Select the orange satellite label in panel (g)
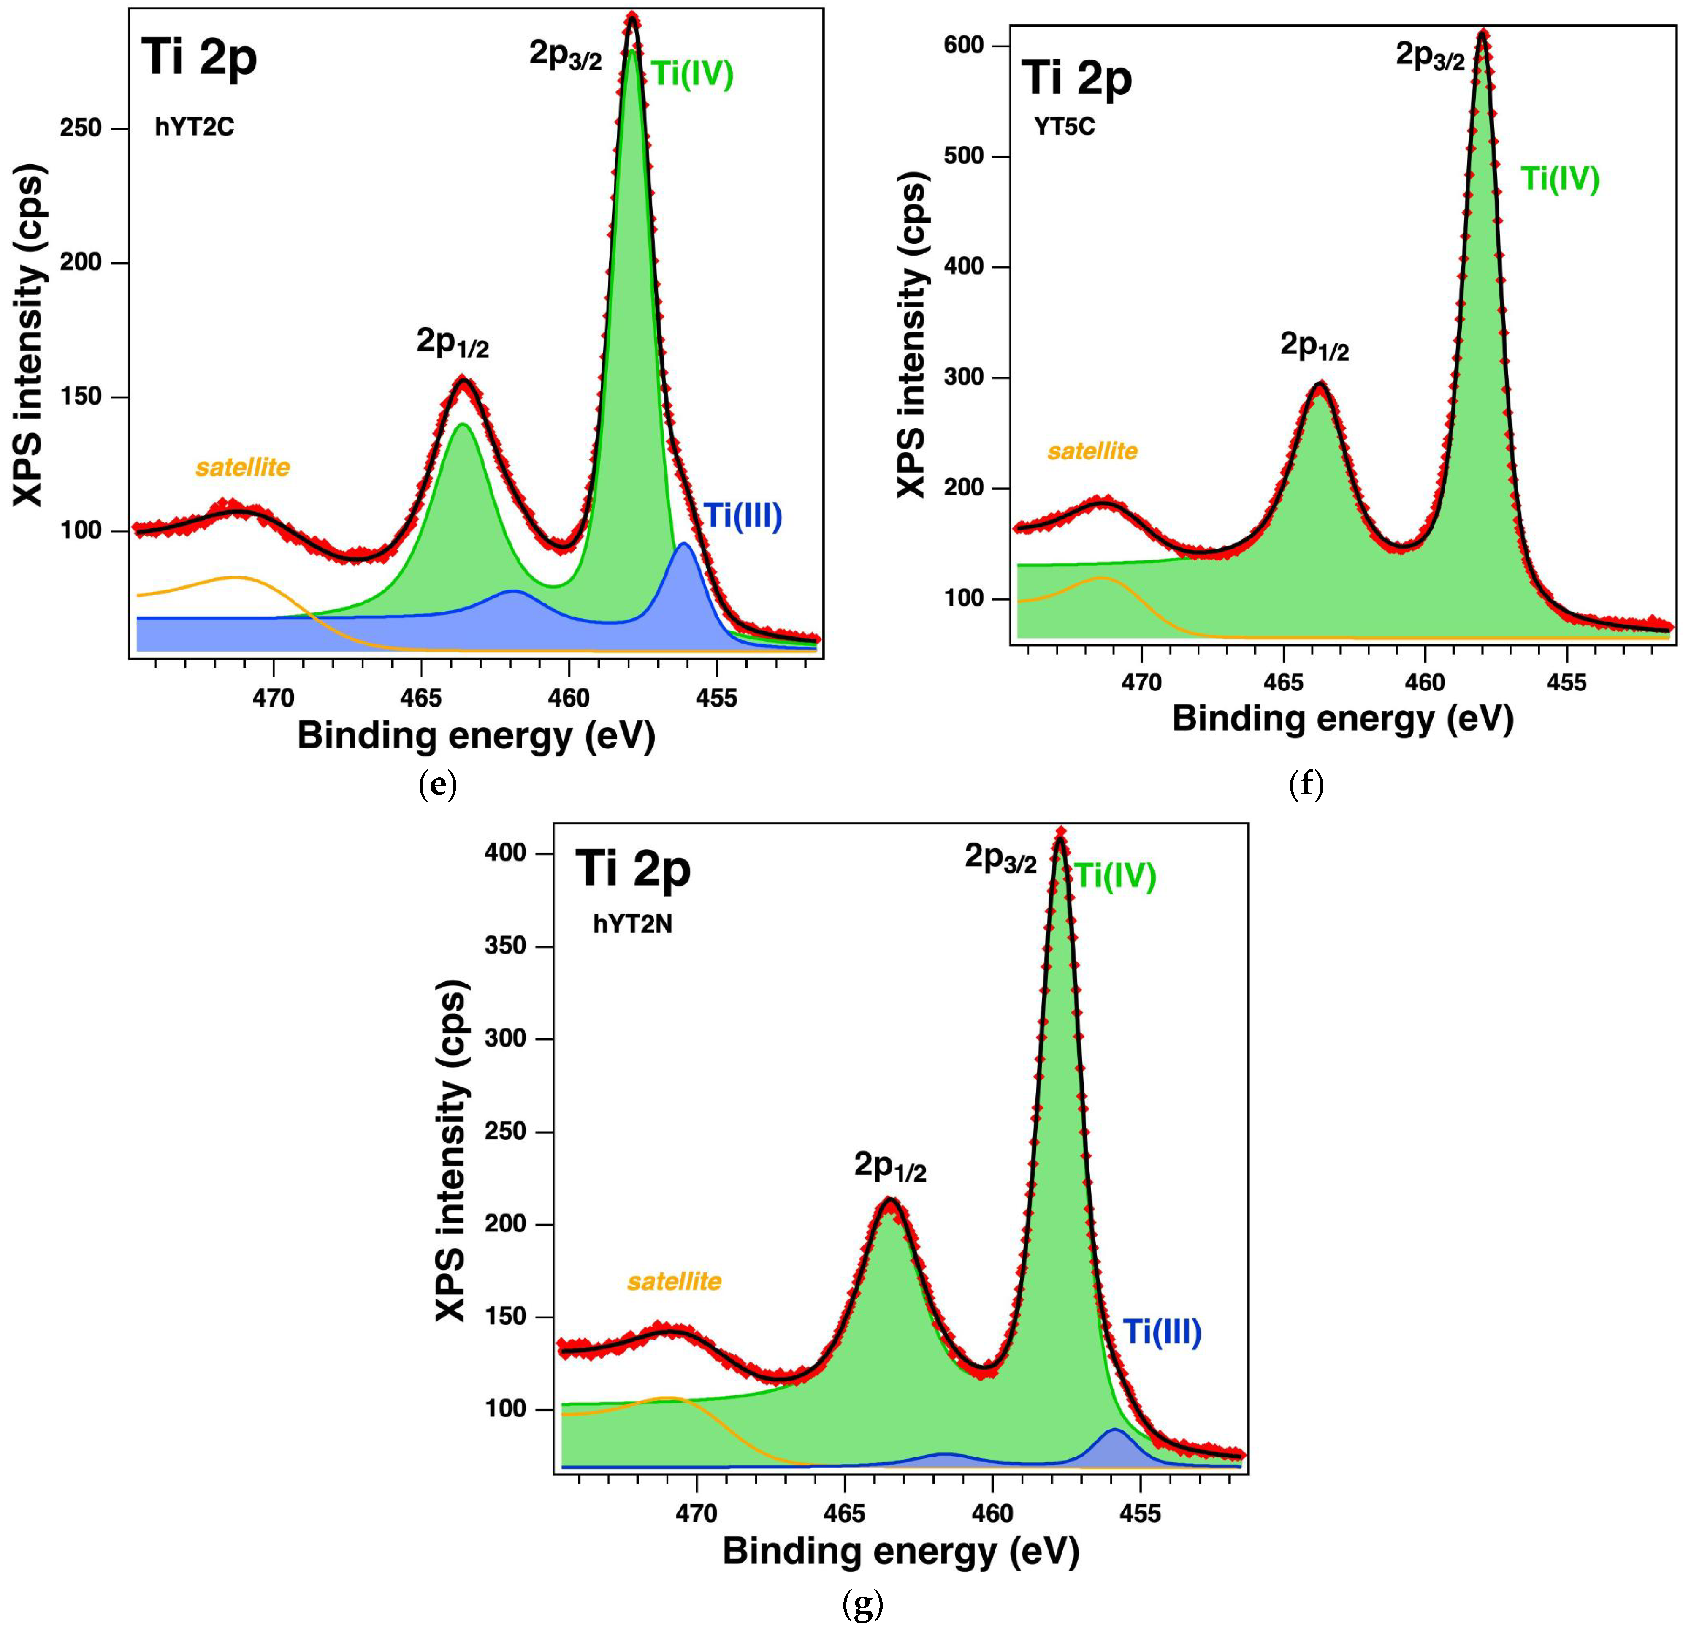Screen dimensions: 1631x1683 (x=674, y=1281)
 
